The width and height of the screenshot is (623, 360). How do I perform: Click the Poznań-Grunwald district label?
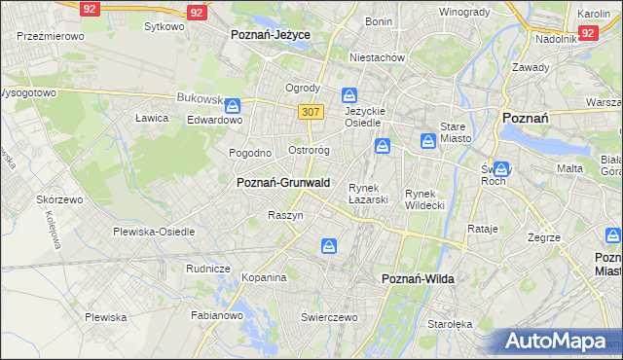pos(283,182)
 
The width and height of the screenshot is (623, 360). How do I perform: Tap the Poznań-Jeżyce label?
pos(270,34)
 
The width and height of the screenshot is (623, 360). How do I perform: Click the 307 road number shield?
pos(311,112)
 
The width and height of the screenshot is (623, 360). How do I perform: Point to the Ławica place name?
pos(152,118)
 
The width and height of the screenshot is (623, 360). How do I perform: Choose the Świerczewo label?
pos(330,317)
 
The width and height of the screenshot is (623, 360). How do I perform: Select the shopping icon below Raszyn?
pos(329,247)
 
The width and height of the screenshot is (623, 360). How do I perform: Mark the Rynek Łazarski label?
pos(369,193)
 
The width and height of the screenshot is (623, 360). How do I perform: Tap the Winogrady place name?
pos(464,12)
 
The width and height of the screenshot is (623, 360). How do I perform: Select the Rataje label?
pos(483,229)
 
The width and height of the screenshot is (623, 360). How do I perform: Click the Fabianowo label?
pos(216,314)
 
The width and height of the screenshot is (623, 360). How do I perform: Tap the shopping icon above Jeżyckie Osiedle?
pos(349,95)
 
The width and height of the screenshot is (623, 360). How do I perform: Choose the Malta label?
pos(569,168)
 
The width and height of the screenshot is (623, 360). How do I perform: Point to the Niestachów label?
pos(378,56)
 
